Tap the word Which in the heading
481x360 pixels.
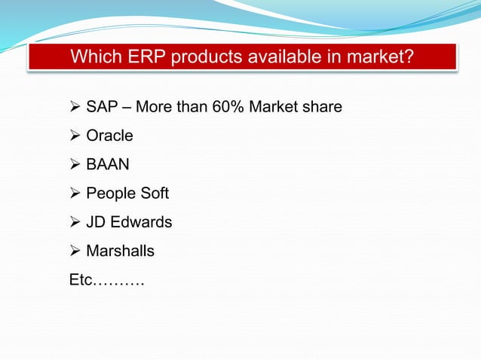pyautogui.click(x=96, y=57)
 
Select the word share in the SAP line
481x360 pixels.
pyautogui.click(x=323, y=107)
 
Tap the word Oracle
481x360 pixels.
pyautogui.click(x=109, y=136)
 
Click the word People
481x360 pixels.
pyautogui.click(x=110, y=194)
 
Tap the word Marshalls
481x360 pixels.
pyautogui.click(x=120, y=251)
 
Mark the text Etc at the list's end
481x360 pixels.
pyautogui.click(x=81, y=281)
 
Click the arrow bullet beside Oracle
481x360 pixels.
pyautogui.click(x=75, y=136)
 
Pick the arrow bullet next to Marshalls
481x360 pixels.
pyautogui.click(x=75, y=251)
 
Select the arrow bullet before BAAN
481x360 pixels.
pyautogui.click(x=75, y=165)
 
